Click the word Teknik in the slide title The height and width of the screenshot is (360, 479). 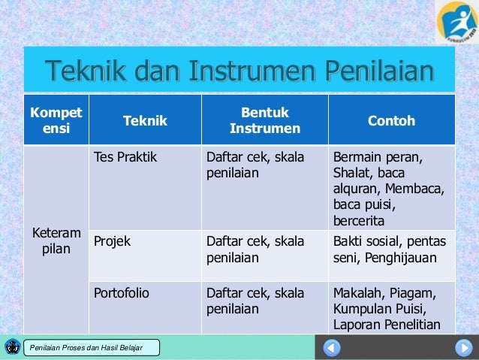click(x=88, y=72)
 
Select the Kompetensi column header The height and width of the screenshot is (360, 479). click(x=56, y=120)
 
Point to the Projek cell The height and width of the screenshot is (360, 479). click(x=112, y=241)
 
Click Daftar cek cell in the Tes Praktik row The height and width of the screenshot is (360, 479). click(x=255, y=166)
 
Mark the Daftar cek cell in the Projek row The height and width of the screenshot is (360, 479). click(x=255, y=249)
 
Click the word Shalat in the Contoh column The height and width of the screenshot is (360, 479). click(x=351, y=174)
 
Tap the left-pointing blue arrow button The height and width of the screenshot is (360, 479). click(x=333, y=348)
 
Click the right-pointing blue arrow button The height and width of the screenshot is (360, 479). click(x=462, y=348)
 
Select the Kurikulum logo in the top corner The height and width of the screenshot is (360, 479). click(x=456, y=23)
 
